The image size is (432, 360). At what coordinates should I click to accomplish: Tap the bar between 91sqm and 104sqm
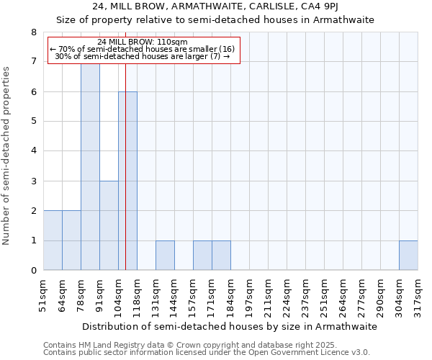(x=109, y=225)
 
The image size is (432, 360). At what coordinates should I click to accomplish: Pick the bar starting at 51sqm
(x=53, y=240)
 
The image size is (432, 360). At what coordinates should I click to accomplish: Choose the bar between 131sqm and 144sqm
(x=165, y=256)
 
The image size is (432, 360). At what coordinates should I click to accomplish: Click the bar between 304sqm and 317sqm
(x=408, y=256)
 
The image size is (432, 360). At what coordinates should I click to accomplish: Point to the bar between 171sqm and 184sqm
(x=221, y=256)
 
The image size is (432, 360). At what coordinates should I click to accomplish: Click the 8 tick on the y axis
(x=33, y=32)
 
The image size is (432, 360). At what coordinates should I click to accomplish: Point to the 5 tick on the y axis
(x=33, y=122)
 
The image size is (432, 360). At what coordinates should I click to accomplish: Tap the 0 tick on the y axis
(x=33, y=271)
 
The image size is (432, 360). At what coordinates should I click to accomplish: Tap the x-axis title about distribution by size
(x=229, y=326)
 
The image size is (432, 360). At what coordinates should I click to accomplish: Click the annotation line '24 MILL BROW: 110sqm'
(x=142, y=42)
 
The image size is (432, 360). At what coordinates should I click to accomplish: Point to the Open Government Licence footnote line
(x=207, y=353)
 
